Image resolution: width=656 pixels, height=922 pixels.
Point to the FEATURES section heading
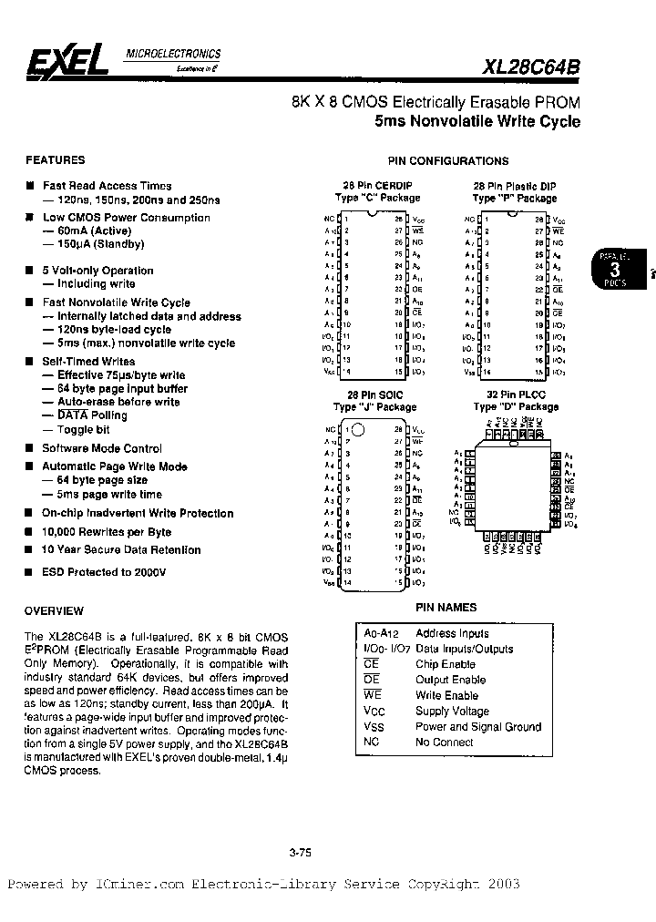pos(56,159)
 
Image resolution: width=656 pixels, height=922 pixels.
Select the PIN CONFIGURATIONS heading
pos(448,161)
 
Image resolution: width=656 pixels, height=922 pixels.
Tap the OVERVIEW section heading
pos(55,610)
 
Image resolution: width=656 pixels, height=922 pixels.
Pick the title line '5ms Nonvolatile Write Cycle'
pos(477,121)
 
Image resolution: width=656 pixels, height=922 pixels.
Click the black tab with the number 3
pos(615,271)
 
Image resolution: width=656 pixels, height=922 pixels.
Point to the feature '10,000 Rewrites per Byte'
pos(107,531)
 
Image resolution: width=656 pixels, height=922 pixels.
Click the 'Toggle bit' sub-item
pos(83,429)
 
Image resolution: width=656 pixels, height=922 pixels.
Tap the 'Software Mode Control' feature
pos(101,448)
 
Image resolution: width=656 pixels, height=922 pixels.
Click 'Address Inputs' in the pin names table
pos(453,633)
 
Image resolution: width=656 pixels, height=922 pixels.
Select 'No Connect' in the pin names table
pos(445,743)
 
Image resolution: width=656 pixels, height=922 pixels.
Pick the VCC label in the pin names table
pos(374,712)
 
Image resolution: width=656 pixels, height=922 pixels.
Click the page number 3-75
pos(300,853)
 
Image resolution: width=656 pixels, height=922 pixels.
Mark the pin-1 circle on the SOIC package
pos(358,428)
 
